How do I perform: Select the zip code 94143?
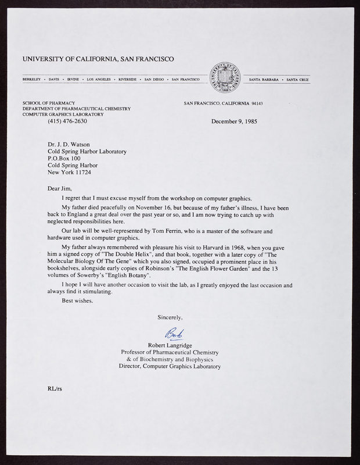click(255, 103)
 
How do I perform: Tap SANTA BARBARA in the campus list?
click(264, 78)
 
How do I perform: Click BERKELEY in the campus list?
click(33, 78)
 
